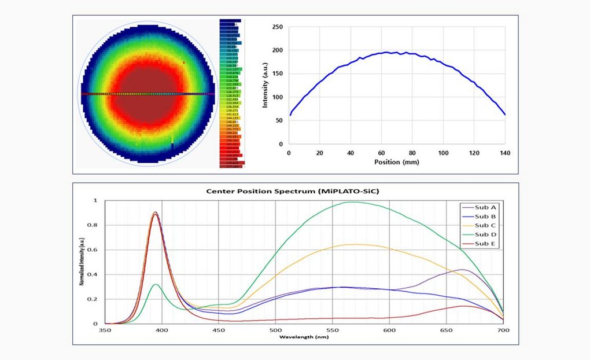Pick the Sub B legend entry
pyautogui.click(x=482, y=216)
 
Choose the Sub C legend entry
pyautogui.click(x=482, y=225)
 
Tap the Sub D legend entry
pyautogui.click(x=482, y=234)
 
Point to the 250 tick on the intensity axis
pyautogui.click(x=277, y=27)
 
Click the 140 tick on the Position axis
pyautogui.click(x=505, y=153)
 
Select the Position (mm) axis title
pyautogui.click(x=397, y=162)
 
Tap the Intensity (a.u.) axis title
pyautogui.click(x=265, y=85)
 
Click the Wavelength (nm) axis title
pyautogui.click(x=303, y=336)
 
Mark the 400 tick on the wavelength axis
pyautogui.click(x=162, y=330)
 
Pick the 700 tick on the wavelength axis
pyautogui.click(x=503, y=330)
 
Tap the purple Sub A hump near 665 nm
pyautogui.click(x=463, y=269)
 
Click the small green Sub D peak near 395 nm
pyautogui.click(x=154, y=284)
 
